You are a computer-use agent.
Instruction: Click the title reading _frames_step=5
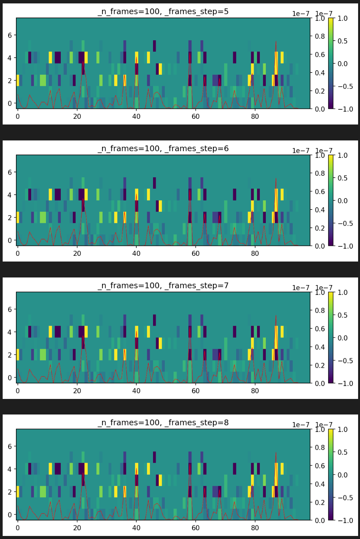[x=163, y=11]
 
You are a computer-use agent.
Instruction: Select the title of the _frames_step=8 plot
[x=163, y=422]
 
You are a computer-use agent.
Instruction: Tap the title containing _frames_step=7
[x=163, y=285]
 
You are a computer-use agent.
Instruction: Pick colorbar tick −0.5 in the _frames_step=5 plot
[x=345, y=86]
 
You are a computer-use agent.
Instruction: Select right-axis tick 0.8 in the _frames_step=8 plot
[x=320, y=448]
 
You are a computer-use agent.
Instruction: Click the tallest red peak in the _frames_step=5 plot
[x=276, y=41]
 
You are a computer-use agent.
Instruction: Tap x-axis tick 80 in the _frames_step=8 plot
[x=255, y=528]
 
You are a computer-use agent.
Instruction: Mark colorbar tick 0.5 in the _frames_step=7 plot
[x=343, y=315]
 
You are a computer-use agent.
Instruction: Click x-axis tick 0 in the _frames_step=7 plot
[x=17, y=391]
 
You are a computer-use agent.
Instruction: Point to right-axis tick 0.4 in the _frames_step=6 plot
[x=320, y=210]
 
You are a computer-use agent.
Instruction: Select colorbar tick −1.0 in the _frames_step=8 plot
[x=345, y=520]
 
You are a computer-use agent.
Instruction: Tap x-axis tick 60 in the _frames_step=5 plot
[x=196, y=116]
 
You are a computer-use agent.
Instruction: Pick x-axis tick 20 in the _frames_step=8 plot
[x=77, y=528]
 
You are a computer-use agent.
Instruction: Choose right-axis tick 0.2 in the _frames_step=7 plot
[x=320, y=365]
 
